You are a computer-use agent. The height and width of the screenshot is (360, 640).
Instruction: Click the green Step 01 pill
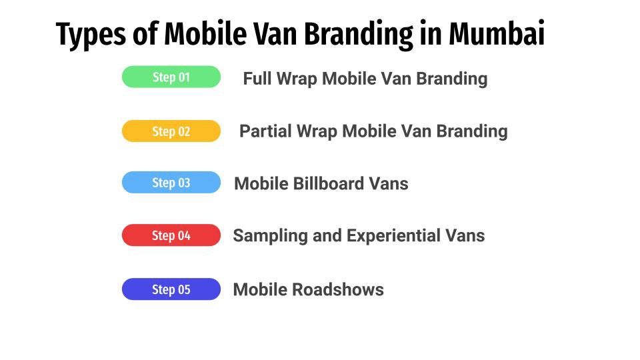click(171, 77)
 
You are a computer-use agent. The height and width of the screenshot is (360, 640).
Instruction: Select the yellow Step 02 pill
click(171, 131)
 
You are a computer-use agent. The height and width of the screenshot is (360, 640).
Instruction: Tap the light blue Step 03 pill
click(171, 183)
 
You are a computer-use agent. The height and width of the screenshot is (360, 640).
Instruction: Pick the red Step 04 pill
click(171, 235)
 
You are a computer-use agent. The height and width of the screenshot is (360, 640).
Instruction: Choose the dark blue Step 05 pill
click(171, 289)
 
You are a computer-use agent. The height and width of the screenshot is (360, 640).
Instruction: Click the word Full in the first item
click(257, 79)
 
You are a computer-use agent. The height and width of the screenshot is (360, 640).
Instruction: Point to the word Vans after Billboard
click(389, 183)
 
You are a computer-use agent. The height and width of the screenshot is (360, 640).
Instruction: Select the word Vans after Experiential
click(465, 236)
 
